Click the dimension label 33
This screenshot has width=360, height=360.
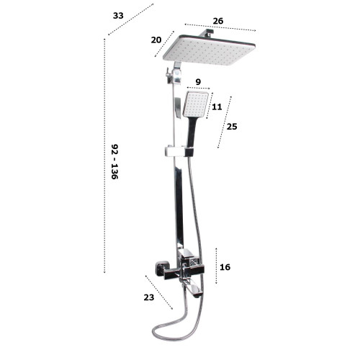[118, 16]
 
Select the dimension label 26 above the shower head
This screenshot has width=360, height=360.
[218, 21]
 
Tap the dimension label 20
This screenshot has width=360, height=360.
[156, 40]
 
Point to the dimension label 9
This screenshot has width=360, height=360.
[198, 82]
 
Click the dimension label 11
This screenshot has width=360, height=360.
[217, 107]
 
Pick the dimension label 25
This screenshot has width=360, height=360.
[232, 126]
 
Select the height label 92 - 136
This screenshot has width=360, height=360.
[114, 161]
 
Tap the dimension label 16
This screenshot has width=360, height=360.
[225, 267]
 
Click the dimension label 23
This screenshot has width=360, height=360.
[149, 297]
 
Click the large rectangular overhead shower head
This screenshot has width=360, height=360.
[209, 50]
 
